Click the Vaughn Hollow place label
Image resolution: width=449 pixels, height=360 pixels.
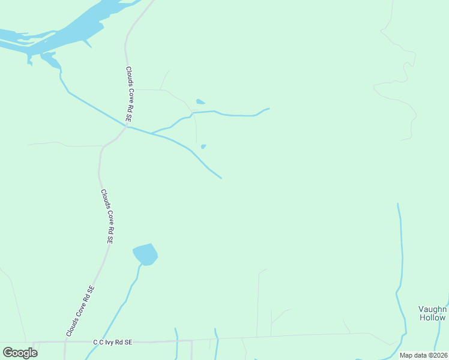click(x=432, y=313)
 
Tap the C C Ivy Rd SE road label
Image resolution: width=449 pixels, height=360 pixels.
click(x=112, y=342)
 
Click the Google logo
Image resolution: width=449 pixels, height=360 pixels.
click(x=20, y=352)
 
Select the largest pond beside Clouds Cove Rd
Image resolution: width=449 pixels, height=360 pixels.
click(x=145, y=254)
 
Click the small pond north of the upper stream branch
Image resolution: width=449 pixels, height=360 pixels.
click(x=200, y=101)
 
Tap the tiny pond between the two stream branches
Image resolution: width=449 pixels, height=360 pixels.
click(x=203, y=146)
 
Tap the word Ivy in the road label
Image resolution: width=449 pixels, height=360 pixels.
click(x=112, y=342)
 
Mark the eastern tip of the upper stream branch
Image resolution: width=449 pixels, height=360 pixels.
click(x=269, y=109)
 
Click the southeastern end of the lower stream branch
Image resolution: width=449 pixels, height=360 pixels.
click(x=221, y=178)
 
